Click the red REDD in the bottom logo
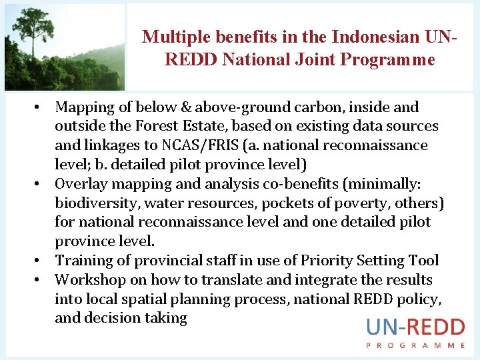[437, 327]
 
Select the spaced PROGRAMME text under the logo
[415, 345]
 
